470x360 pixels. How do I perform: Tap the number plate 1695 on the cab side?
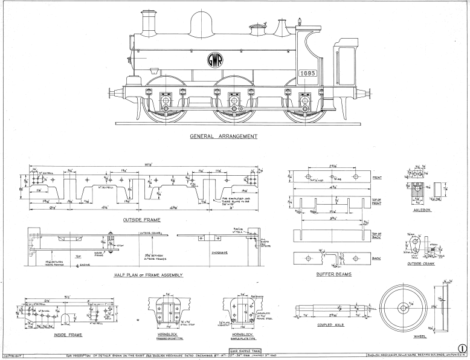307,73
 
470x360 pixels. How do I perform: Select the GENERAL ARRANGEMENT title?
224,137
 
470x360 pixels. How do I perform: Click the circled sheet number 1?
462,349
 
